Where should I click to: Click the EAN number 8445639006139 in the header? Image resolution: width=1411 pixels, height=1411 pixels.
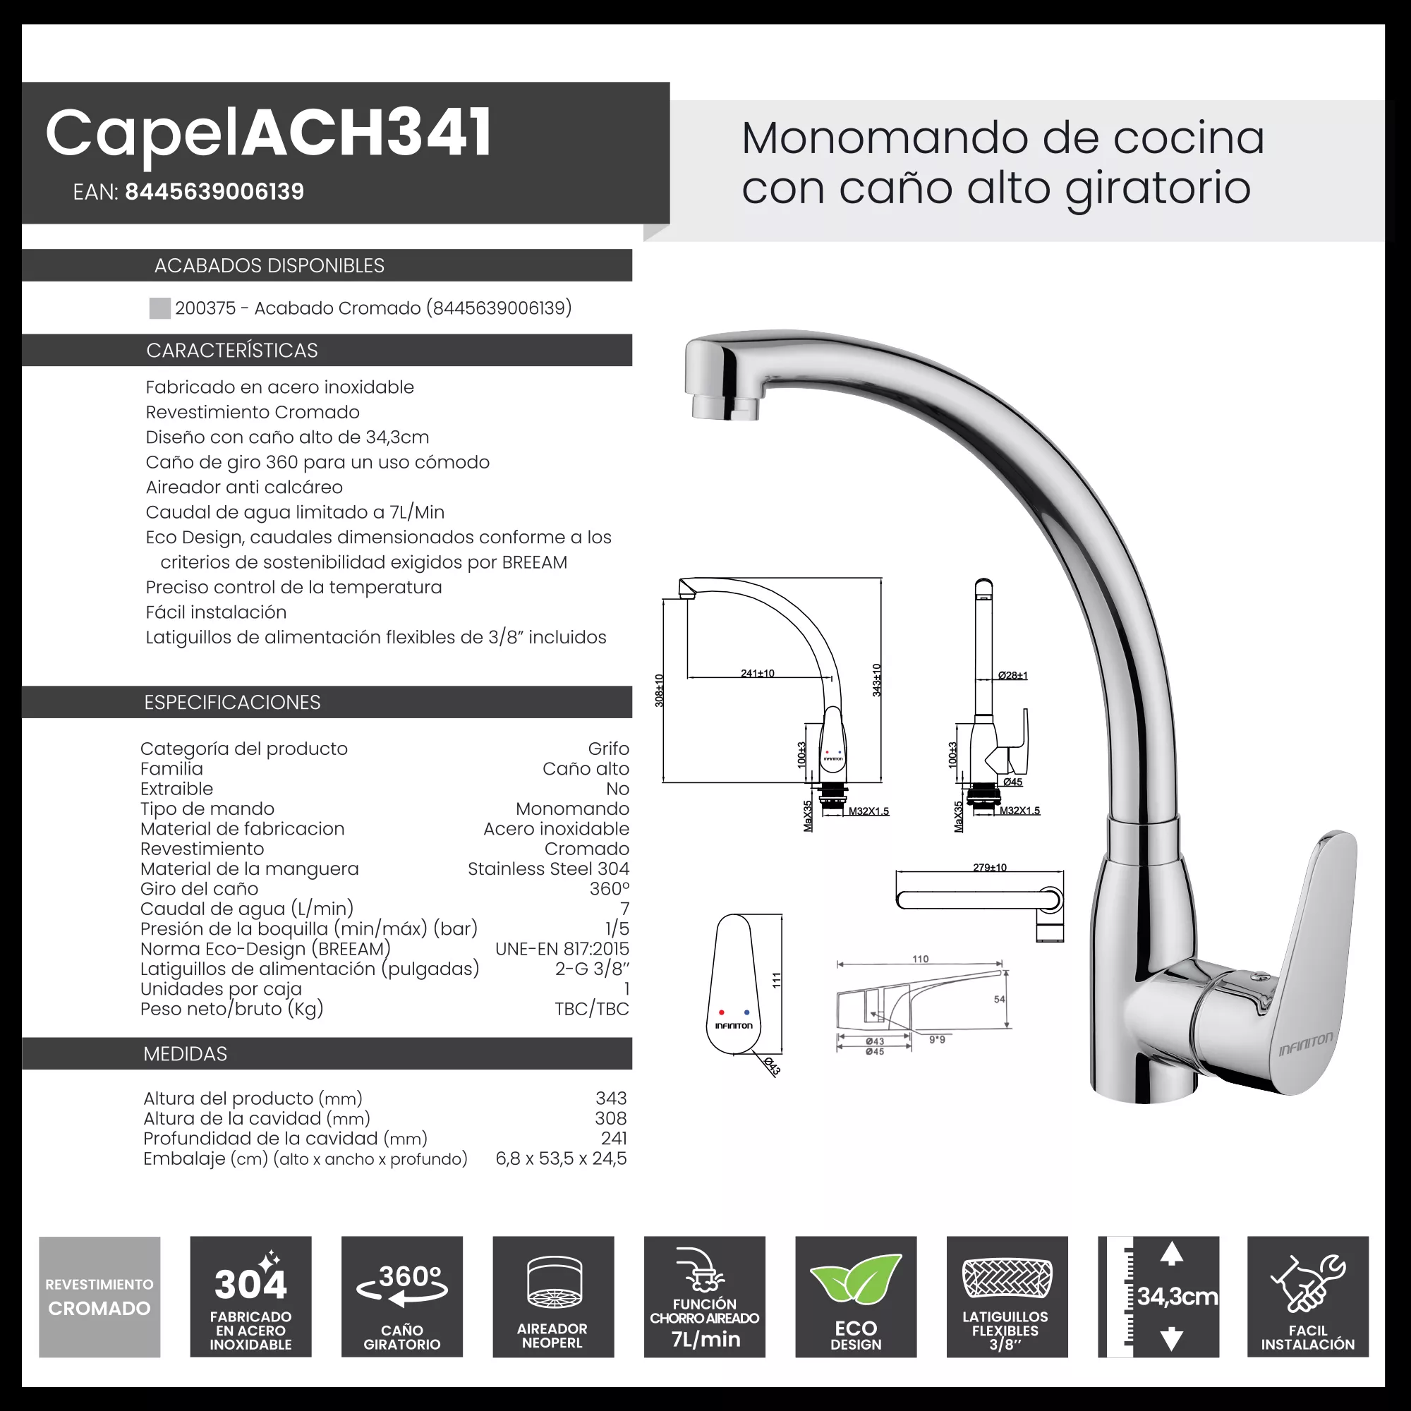[x=214, y=191]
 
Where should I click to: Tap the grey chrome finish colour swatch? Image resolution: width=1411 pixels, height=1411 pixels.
[x=159, y=308]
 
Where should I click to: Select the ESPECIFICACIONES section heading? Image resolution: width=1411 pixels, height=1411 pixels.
[x=231, y=702]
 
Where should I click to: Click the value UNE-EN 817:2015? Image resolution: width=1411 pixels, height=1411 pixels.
[x=562, y=949]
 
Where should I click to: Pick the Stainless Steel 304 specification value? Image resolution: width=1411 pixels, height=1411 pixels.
[x=547, y=868]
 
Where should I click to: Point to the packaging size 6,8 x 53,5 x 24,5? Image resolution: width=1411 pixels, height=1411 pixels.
[x=561, y=1158]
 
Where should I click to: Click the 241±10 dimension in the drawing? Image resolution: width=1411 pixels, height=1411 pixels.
[x=757, y=672]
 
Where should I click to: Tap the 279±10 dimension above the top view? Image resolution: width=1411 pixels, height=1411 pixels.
[x=989, y=867]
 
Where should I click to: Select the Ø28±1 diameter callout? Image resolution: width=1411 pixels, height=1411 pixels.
[x=1012, y=676]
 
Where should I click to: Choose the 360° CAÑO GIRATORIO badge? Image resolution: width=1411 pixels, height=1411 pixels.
[x=401, y=1296]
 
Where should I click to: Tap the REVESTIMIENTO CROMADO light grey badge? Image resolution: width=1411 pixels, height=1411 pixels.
[x=99, y=1296]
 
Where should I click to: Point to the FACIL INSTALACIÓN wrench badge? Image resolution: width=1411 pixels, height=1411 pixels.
[x=1307, y=1296]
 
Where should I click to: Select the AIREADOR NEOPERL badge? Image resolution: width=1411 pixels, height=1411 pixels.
[x=553, y=1296]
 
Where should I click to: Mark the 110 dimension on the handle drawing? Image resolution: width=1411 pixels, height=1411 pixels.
[x=920, y=959]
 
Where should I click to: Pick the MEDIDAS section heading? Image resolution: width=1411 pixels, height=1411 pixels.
[x=185, y=1054]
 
